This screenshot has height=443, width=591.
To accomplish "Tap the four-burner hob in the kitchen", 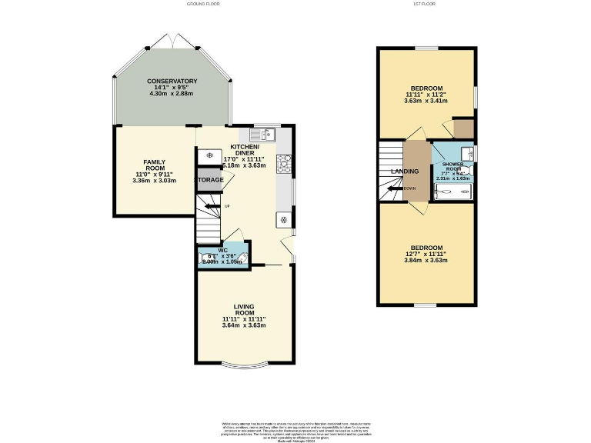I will pos(283,162).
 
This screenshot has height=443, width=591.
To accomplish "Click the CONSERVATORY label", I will pos(172,82).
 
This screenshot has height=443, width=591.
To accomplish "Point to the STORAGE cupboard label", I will pos(209,180).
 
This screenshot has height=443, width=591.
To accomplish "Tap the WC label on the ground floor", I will pos(222,250).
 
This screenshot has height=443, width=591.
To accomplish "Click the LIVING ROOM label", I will pos(244,310).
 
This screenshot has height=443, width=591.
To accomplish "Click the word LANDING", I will pos(405,172).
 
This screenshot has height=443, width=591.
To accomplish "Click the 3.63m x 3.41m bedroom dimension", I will pos(426,101).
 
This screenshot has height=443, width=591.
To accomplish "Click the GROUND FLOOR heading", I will pos(203,5).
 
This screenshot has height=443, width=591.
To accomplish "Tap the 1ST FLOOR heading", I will pos(426,5).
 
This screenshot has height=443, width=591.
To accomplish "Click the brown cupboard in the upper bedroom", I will pos(463,128).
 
